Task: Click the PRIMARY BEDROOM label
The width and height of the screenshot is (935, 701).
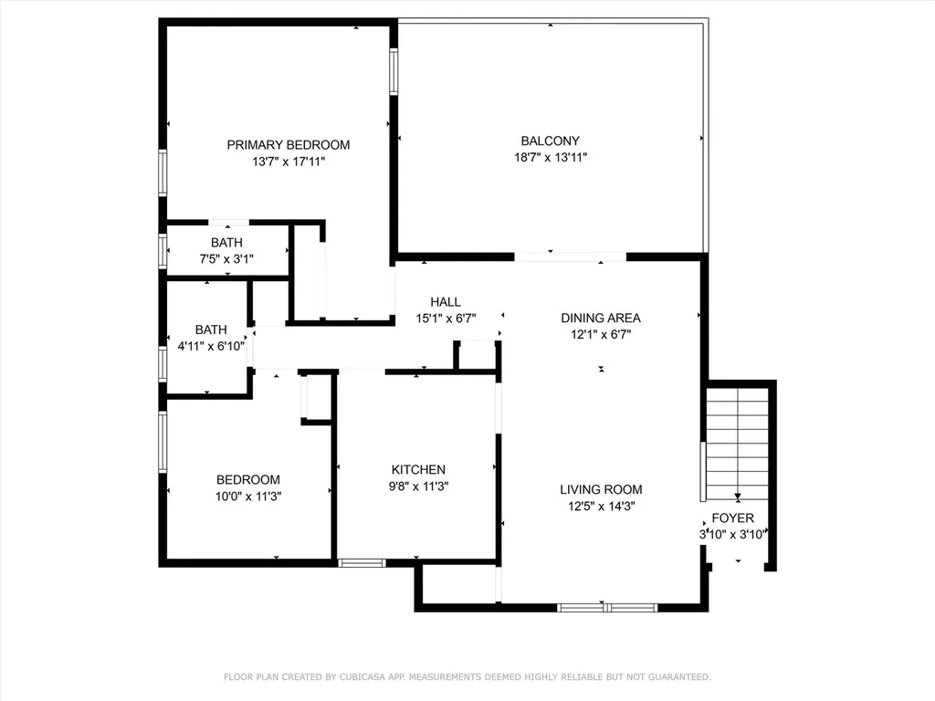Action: tap(288, 145)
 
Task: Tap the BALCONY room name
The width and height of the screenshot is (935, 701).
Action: tap(551, 141)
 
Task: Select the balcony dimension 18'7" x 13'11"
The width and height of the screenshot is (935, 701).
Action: tap(551, 157)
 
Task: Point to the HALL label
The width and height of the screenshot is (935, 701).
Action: tap(446, 302)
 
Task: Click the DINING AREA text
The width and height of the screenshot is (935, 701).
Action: tap(601, 319)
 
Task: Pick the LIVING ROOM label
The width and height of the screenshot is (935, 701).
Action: tap(601, 490)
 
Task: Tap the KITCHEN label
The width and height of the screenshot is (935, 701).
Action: tap(418, 470)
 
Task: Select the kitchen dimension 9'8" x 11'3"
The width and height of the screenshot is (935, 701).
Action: tap(418, 487)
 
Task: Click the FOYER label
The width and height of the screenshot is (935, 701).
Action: tap(733, 518)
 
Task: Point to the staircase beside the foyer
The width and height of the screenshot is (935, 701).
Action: tap(738, 445)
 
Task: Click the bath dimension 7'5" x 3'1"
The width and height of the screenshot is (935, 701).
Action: tap(226, 259)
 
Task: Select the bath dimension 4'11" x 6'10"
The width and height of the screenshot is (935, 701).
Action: tap(211, 346)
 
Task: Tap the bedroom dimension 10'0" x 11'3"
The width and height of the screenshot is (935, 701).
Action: tap(248, 497)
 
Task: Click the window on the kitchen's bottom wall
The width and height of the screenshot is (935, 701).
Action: tap(362, 562)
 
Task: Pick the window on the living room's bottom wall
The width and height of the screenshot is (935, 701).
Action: tap(607, 608)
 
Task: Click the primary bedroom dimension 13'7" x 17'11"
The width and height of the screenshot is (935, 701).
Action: tap(289, 162)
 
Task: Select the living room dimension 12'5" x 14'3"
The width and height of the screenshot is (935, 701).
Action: tap(601, 507)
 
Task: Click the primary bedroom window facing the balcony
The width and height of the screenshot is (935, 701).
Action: tap(394, 71)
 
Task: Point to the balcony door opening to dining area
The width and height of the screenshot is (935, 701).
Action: tap(570, 256)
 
